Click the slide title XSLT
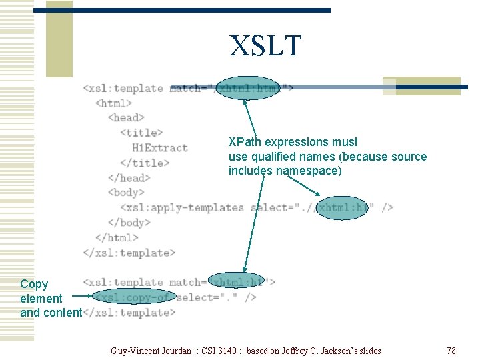pyautogui.click(x=265, y=46)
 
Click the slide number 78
pyautogui.click(x=451, y=351)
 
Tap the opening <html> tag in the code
pyautogui.click(x=114, y=103)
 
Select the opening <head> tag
pyautogui.click(x=126, y=117)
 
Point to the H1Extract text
pyautogui.click(x=160, y=147)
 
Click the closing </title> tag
pyautogui.click(x=145, y=163)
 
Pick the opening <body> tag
pyautogui.click(x=126, y=193)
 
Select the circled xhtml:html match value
pyautogui.click(x=249, y=88)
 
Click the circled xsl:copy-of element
pyautogui.click(x=133, y=297)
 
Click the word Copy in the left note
pyautogui.click(x=34, y=284)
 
